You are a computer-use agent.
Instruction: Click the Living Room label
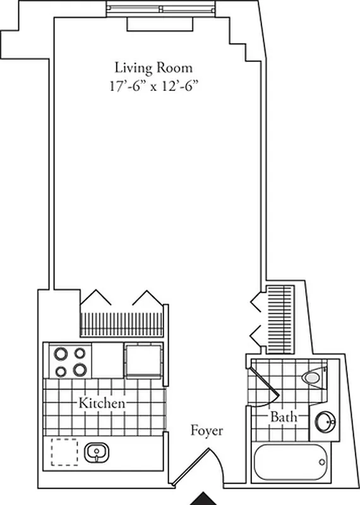[x=153, y=67]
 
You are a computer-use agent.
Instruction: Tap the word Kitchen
[x=101, y=403]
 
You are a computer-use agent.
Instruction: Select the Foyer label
[x=207, y=431]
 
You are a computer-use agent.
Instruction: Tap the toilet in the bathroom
[x=311, y=377]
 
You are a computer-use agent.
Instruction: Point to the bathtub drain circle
[x=322, y=462]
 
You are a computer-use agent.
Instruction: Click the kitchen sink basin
[x=97, y=453]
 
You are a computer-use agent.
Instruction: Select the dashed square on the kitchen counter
[x=64, y=452]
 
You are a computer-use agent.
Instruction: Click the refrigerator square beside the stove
[x=141, y=360]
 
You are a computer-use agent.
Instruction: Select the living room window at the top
[x=161, y=9]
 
